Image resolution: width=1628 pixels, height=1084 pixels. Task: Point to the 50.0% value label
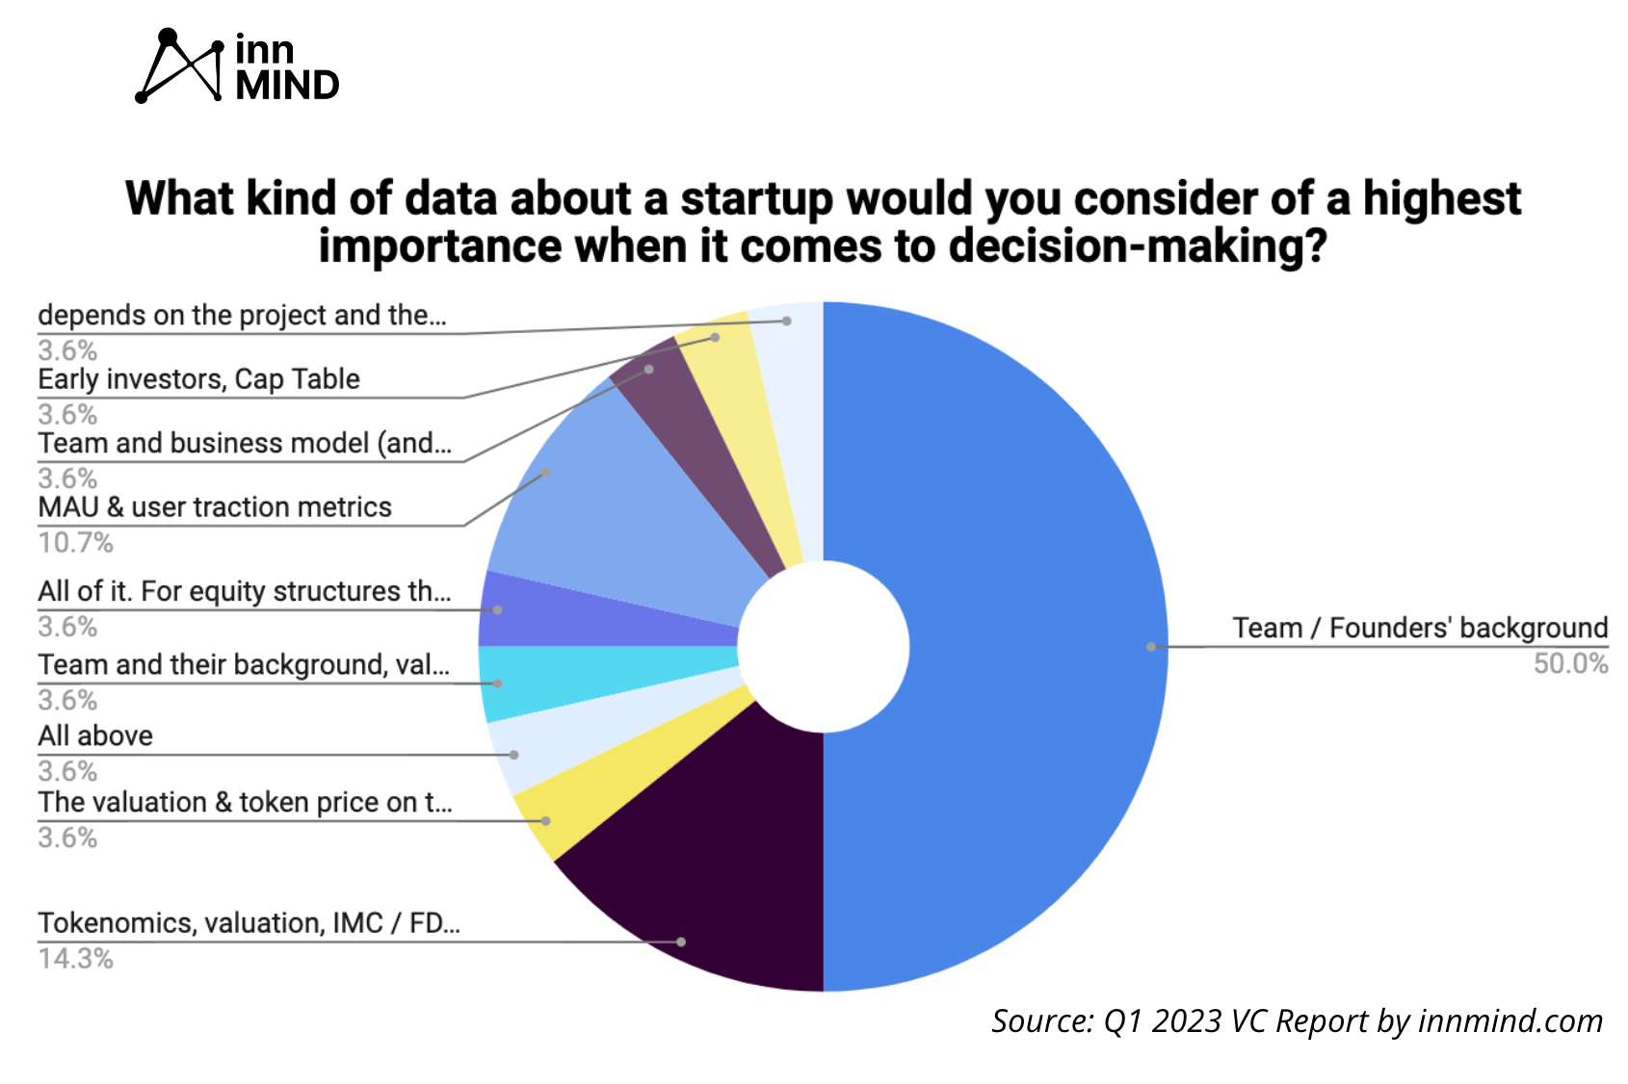coord(1570,664)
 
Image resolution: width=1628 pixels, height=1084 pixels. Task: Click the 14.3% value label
coord(75,959)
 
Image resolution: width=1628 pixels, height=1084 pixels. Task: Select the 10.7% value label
coord(75,543)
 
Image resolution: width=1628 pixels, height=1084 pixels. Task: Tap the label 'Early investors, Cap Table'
coord(198,379)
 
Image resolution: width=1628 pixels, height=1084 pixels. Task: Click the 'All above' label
coord(95,736)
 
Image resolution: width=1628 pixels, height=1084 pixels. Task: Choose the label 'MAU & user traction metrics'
coord(214,507)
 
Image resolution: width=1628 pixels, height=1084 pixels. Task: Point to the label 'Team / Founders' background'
coord(1420,628)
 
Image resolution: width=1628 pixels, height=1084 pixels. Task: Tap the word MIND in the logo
coord(287,86)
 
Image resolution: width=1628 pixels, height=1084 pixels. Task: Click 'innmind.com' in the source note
coord(1510,1020)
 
